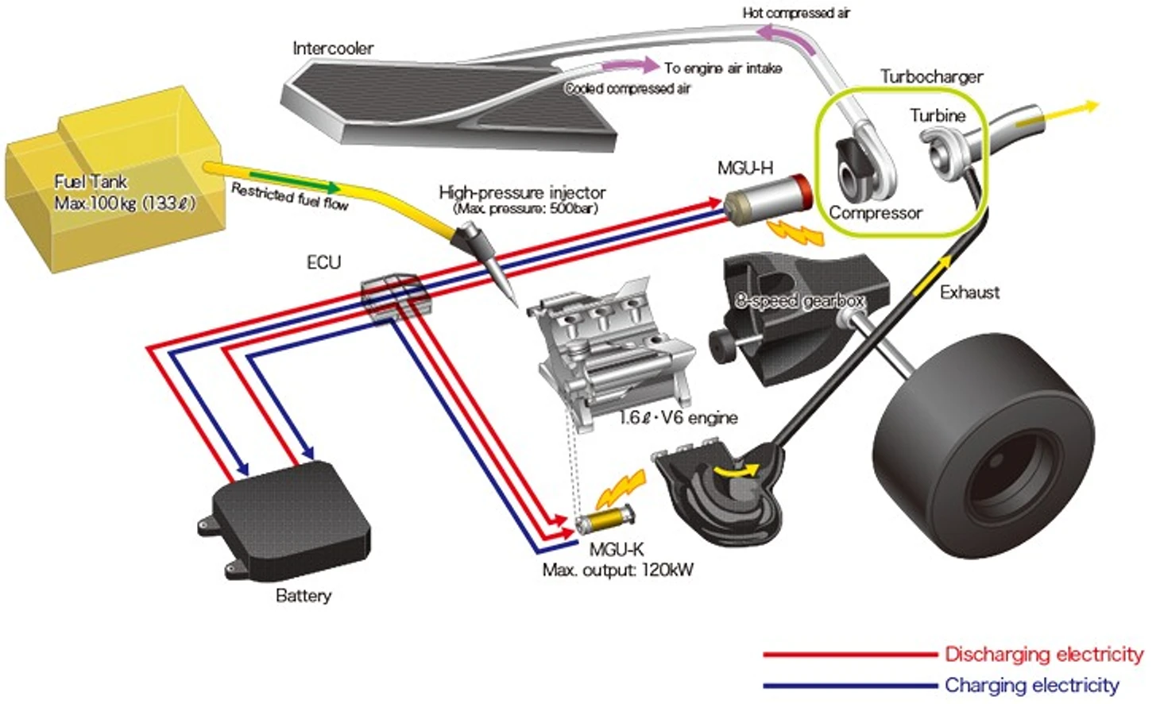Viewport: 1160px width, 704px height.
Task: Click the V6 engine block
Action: pyautogui.click(x=608, y=350)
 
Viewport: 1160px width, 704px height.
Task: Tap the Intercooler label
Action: pyautogui.click(x=333, y=48)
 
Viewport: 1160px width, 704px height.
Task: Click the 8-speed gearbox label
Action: pyautogui.click(x=799, y=300)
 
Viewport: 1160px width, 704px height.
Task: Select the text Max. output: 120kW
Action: pyautogui.click(x=617, y=570)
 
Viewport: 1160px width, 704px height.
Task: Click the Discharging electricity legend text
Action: pyautogui.click(x=1043, y=654)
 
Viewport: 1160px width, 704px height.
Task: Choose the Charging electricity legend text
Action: pyautogui.click(x=1031, y=685)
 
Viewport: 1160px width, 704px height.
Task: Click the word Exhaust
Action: pyautogui.click(x=969, y=292)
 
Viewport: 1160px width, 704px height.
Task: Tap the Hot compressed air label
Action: pyautogui.click(x=796, y=13)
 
